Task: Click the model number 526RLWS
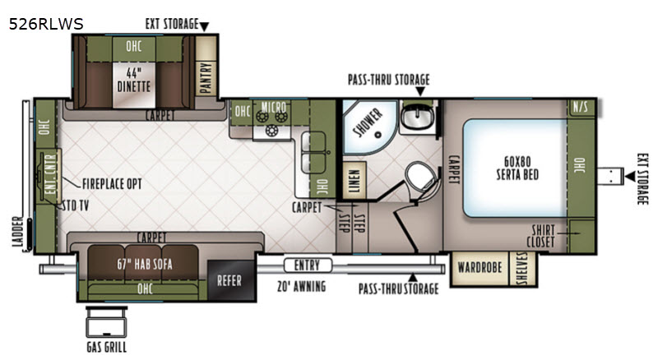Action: tap(46, 24)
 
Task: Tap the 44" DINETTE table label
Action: tap(133, 80)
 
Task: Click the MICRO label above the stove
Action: tap(274, 107)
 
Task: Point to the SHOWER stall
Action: tap(368, 127)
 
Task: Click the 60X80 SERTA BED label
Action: tap(517, 168)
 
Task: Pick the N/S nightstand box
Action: tap(581, 108)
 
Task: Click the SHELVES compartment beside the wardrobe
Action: tap(522, 269)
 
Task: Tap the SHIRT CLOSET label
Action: tap(541, 236)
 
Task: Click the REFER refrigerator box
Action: tap(231, 280)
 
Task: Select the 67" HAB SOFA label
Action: tap(145, 264)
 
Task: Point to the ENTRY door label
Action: tap(308, 265)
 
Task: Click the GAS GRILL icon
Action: tap(106, 322)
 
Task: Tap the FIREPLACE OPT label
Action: tap(112, 184)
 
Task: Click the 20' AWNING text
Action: tap(301, 287)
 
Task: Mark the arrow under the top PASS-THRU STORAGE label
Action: tap(420, 91)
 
